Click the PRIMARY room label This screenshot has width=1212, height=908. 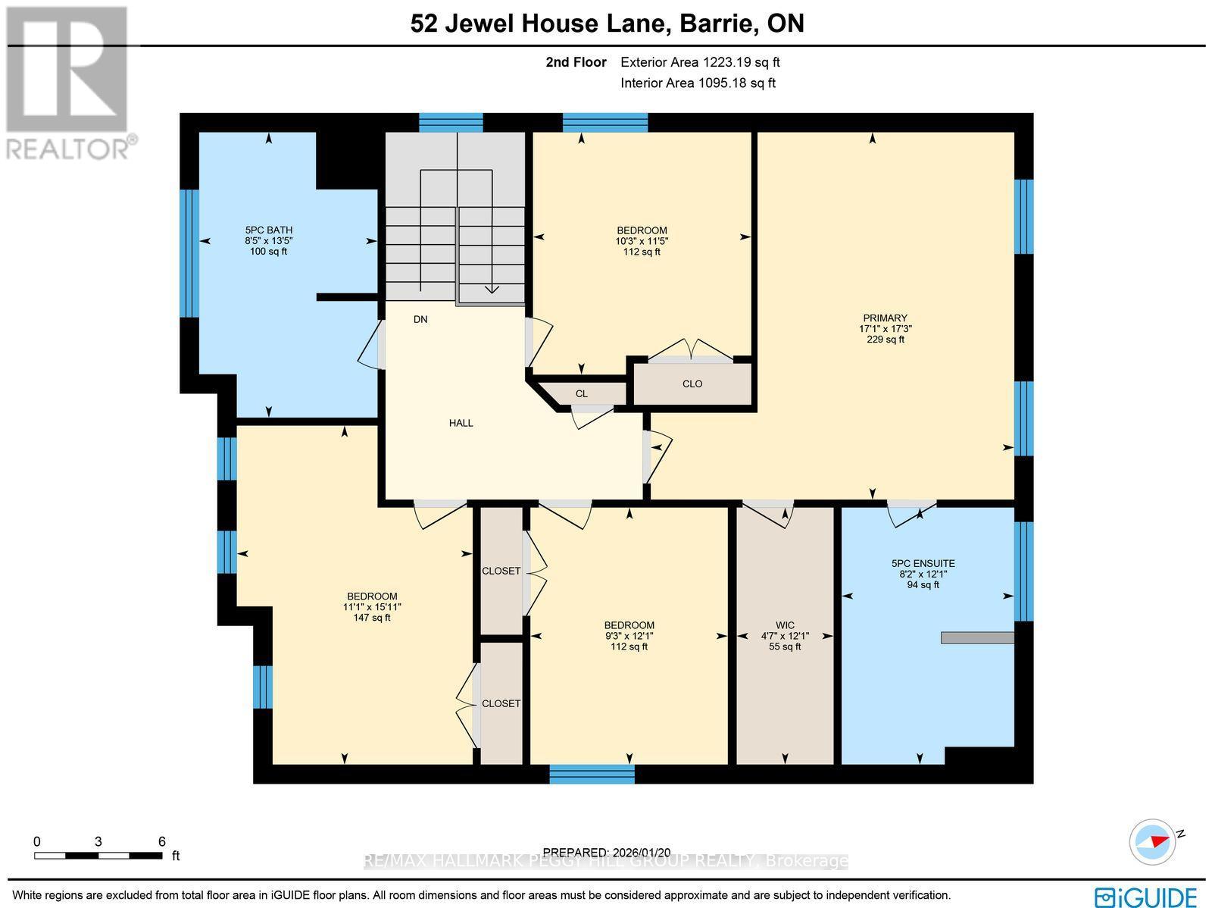point(885,318)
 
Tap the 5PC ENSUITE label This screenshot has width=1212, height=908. point(923,563)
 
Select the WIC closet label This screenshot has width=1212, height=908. point(785,625)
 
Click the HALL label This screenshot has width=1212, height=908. point(461,423)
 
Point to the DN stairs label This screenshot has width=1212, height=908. point(420,319)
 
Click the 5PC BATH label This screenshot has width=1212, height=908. point(268,230)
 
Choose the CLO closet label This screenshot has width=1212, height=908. point(692,384)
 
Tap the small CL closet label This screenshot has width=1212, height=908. point(581,393)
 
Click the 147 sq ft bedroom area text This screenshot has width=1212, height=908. point(372,618)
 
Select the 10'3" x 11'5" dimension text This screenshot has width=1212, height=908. point(642,241)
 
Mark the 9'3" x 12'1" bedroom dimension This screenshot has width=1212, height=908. point(629,636)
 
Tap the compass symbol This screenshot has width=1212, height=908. point(1152,841)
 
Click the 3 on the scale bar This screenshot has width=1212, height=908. point(98,841)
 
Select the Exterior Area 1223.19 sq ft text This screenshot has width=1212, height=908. point(700,62)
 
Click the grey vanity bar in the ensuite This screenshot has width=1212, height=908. point(977,637)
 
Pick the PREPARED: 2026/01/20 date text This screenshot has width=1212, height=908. point(608,853)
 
